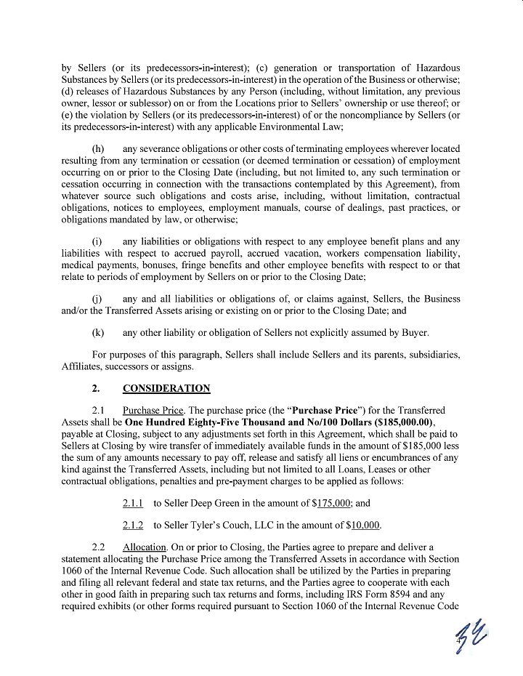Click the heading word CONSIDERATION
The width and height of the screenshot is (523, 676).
[167, 388]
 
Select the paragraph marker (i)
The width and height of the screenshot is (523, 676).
[97, 241]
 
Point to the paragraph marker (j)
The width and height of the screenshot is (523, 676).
[97, 299]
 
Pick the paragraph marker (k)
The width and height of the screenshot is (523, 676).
[98, 334]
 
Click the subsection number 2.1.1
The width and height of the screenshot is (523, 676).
[133, 502]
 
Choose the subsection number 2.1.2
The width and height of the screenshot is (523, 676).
[133, 526]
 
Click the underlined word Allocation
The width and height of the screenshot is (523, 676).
[145, 546]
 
